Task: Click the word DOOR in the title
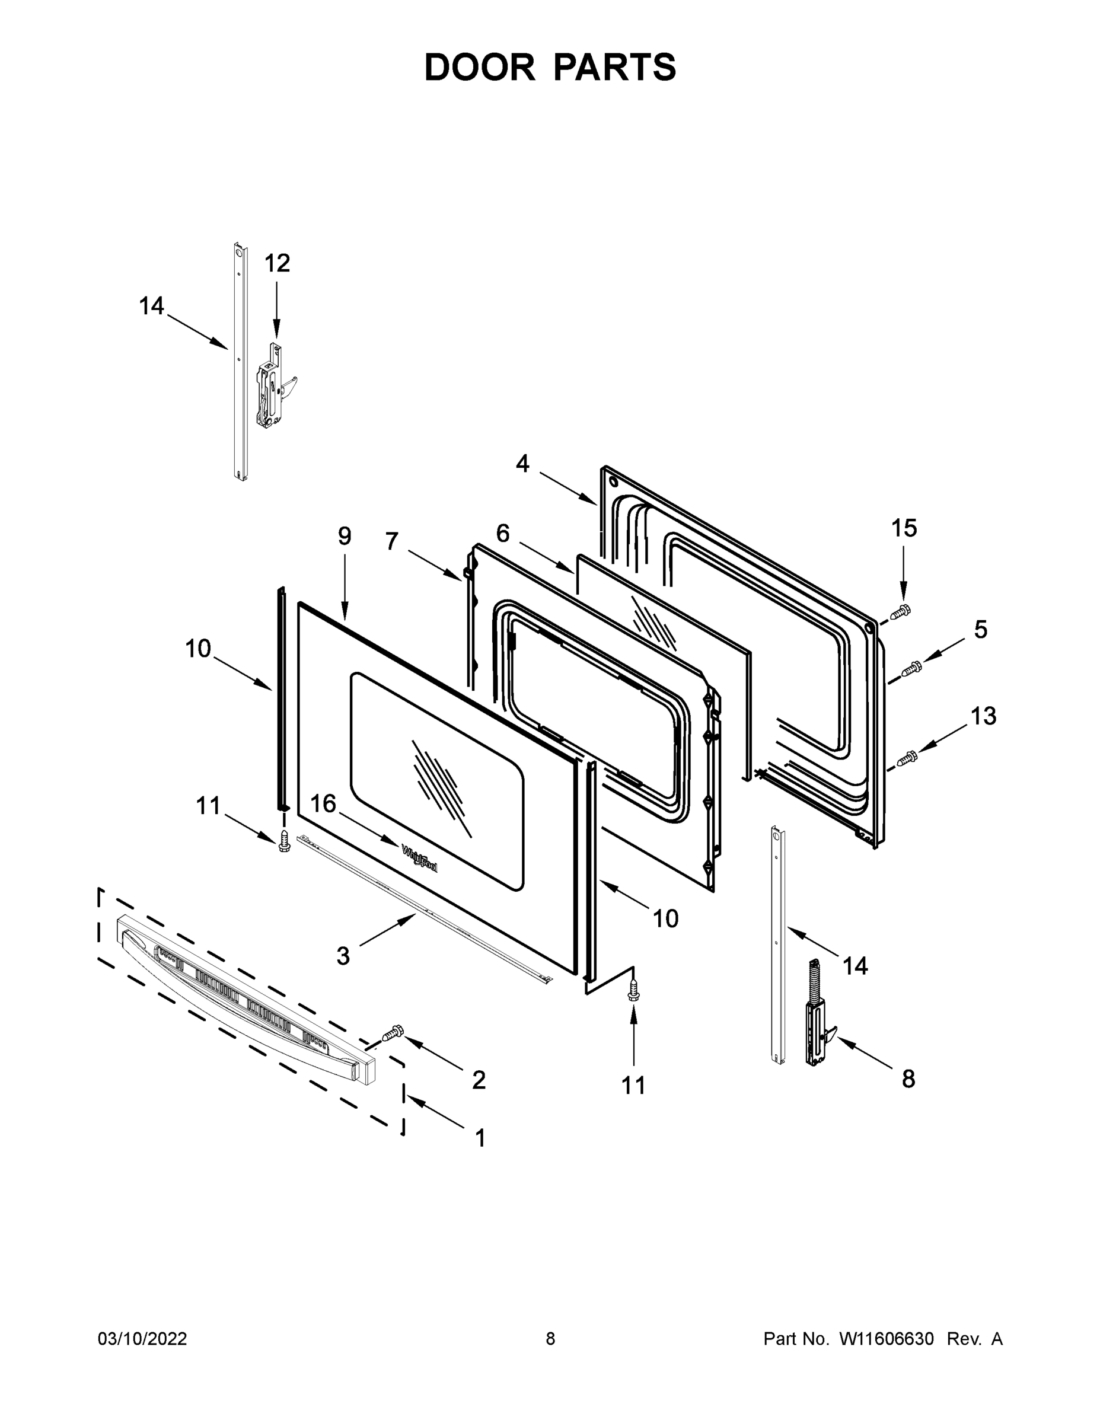[x=480, y=67]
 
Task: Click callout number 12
[x=276, y=263]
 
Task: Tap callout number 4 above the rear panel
[x=522, y=464]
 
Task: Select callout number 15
[x=904, y=528]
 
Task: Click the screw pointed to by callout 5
[x=910, y=668]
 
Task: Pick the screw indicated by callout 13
[x=908, y=757]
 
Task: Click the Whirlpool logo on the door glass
[x=420, y=858]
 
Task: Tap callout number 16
[x=323, y=803]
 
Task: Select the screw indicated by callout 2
[x=393, y=1032]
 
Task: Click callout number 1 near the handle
[x=480, y=1138]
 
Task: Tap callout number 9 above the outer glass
[x=344, y=536]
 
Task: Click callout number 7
[x=391, y=541]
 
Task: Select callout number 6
[x=502, y=533]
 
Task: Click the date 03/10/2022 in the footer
[x=142, y=1339]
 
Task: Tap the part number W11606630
[x=887, y=1339]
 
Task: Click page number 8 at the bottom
[x=550, y=1339]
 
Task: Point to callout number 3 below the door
[x=343, y=956]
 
